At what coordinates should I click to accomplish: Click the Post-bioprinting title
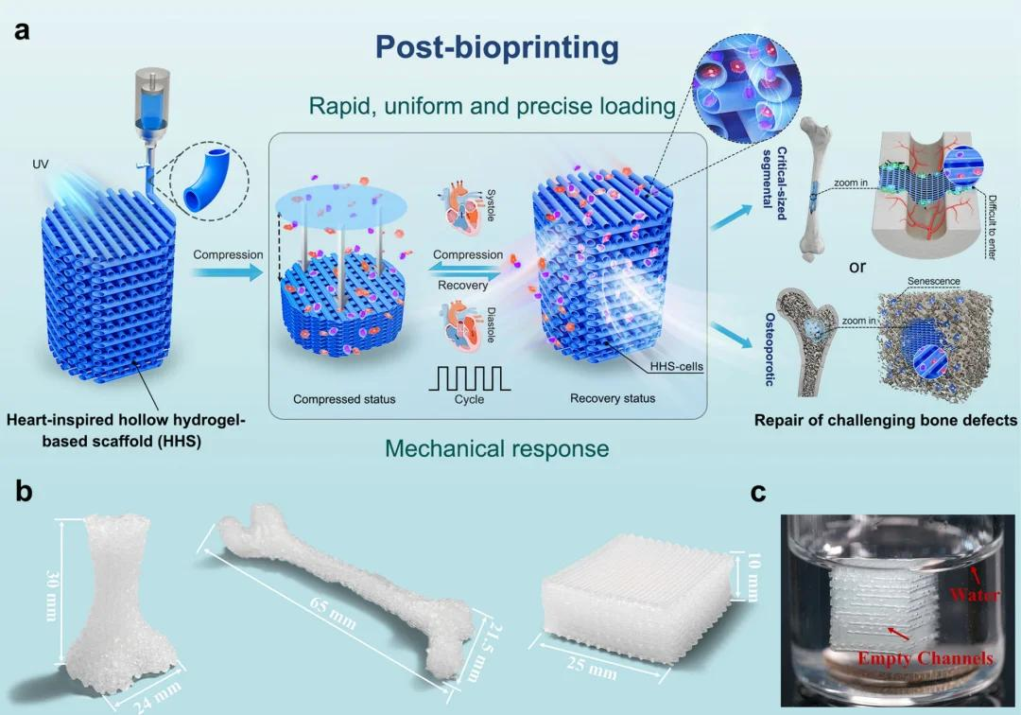(x=496, y=46)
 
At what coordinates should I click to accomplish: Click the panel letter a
(x=22, y=30)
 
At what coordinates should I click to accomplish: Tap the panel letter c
(x=758, y=493)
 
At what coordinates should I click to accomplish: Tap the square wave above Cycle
(x=470, y=376)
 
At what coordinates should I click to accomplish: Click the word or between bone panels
(x=857, y=267)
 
